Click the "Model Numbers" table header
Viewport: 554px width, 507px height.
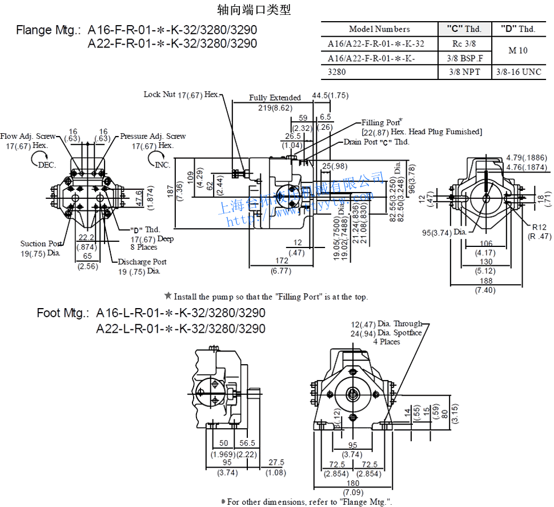(379, 29)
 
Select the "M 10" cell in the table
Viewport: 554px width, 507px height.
(518, 50)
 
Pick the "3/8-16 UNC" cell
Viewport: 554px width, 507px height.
(518, 72)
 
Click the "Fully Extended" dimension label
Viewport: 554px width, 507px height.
(275, 98)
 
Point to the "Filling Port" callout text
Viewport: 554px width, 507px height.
(381, 122)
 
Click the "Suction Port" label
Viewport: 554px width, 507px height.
(41, 244)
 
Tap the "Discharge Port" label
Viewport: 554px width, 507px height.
(142, 262)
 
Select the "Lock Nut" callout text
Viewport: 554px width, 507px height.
(159, 94)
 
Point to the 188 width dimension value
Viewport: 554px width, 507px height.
(485, 281)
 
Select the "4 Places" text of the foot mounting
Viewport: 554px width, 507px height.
(387, 342)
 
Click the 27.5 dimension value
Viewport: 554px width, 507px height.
(276, 462)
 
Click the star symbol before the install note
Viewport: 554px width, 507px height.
(168, 296)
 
